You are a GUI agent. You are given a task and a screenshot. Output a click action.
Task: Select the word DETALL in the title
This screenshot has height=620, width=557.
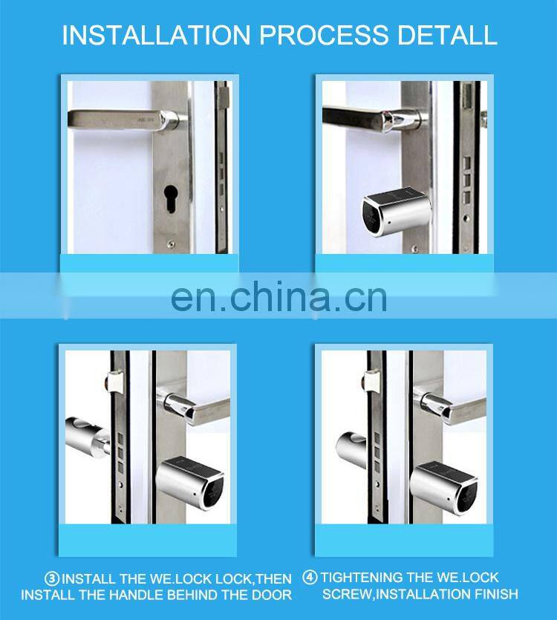pyautogui.click(x=451, y=35)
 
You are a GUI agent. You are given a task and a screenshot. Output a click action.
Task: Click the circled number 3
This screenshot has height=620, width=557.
pyautogui.click(x=52, y=578)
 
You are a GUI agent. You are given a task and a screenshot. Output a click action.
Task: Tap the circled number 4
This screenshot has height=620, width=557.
pyautogui.click(x=310, y=578)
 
